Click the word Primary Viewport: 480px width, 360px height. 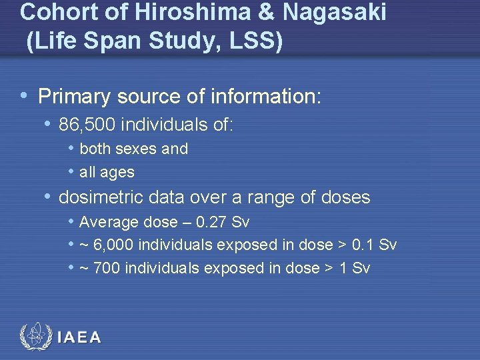pyautogui.click(x=74, y=97)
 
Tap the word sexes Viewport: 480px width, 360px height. pyautogui.click(x=138, y=149)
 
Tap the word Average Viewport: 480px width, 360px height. pyautogui.click(x=108, y=222)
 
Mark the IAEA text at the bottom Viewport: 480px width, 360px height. pyautogui.click(x=79, y=337)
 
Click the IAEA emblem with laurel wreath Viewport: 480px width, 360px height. pyautogui.click(x=35, y=337)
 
